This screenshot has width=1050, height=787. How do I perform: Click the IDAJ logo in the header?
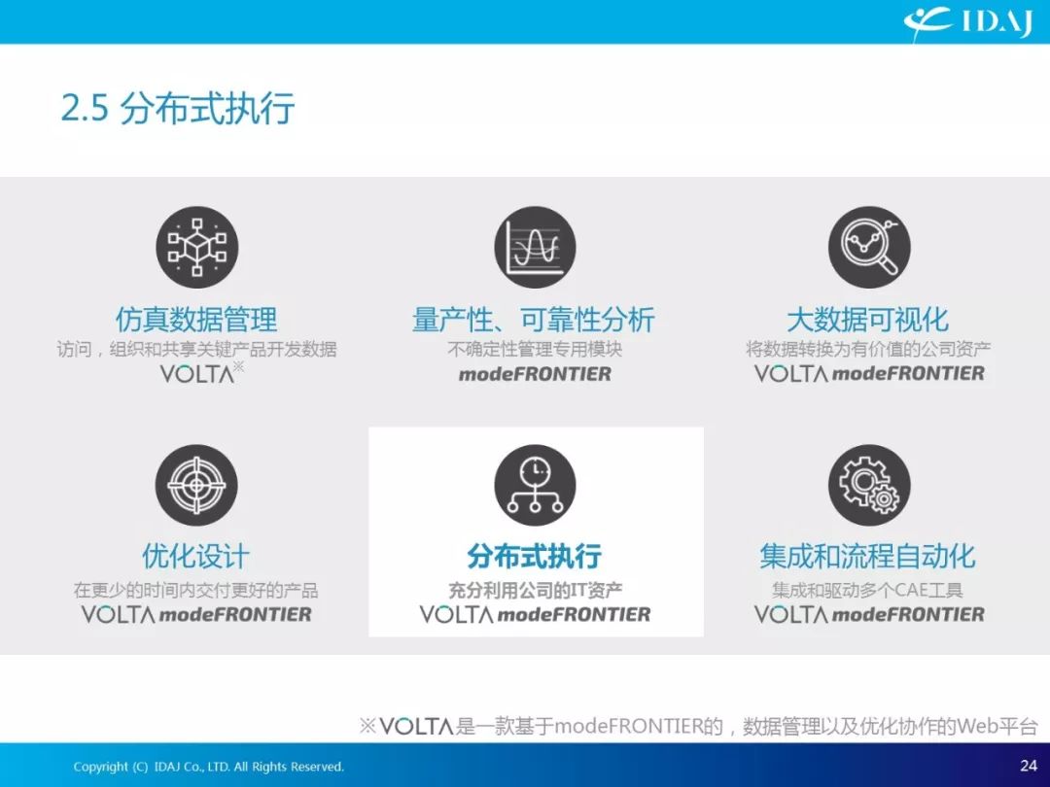click(967, 23)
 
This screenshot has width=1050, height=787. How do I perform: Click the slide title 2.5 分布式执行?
click(178, 109)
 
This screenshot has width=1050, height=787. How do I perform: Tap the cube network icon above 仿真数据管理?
click(196, 248)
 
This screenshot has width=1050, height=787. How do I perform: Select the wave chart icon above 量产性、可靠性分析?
click(535, 248)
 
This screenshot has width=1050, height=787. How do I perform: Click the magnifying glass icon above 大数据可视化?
click(869, 248)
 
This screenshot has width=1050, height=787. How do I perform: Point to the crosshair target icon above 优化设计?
click(196, 485)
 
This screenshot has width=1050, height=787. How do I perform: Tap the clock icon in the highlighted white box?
click(535, 485)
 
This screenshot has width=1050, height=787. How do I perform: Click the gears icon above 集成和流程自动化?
click(869, 485)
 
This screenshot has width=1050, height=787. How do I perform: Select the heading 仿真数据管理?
click(196, 320)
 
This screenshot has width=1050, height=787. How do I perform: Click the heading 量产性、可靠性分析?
click(534, 320)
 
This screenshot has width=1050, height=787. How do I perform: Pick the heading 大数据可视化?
click(868, 320)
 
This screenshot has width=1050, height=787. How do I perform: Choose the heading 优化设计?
click(195, 556)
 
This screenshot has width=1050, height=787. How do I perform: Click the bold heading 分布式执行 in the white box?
click(535, 556)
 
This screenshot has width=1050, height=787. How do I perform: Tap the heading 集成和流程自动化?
click(868, 556)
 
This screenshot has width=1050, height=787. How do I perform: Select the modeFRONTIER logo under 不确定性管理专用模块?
click(535, 373)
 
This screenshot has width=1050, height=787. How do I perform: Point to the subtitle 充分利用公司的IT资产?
click(535, 591)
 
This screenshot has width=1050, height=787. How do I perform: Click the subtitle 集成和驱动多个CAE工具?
click(868, 591)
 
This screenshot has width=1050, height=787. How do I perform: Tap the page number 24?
click(1029, 766)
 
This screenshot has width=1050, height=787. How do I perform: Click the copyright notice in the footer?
click(208, 767)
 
